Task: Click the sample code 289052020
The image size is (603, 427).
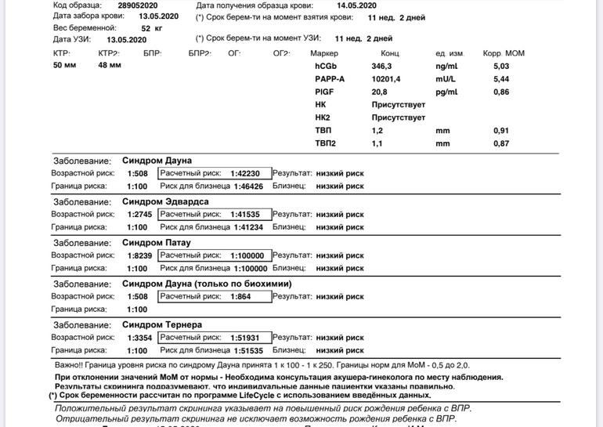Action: pos(126,5)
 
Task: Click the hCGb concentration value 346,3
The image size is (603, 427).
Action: pos(382,67)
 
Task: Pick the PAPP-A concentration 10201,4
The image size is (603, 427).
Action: pos(386,79)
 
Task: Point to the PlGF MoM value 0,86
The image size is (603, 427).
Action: pos(501,92)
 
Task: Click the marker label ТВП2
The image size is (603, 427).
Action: pos(325,143)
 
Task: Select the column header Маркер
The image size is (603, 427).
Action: pos(324,53)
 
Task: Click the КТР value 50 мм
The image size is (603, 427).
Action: pos(64,66)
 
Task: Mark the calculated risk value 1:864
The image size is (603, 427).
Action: pos(241,297)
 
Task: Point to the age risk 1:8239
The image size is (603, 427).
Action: pos(138,255)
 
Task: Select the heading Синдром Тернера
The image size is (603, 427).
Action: pos(164,324)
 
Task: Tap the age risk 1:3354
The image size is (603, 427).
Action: pos(138,338)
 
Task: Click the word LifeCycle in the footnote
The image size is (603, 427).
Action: pos(242,396)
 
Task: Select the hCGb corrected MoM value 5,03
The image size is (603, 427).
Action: pos(501,67)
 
